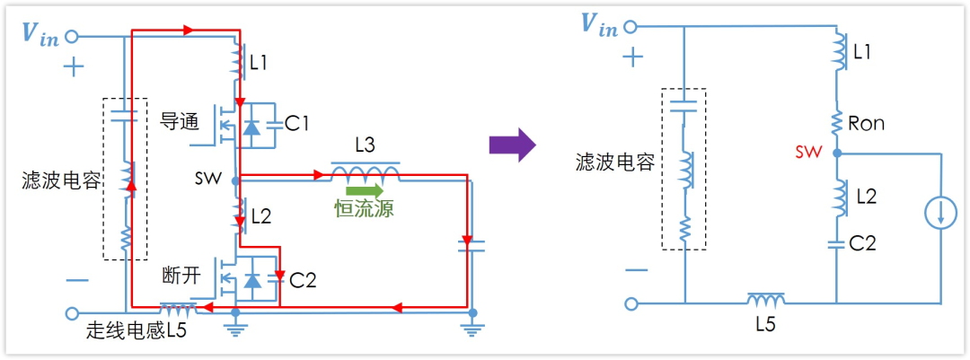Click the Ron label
pos(866,124)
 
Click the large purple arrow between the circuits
pos(512,145)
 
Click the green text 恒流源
pos(364,209)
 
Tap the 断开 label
pos(181,274)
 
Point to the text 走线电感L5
pos(136,330)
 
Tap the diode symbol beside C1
pos(252,127)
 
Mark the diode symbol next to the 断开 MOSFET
pos(252,281)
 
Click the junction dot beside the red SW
pos(836,153)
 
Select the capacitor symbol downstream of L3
pos(465,244)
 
